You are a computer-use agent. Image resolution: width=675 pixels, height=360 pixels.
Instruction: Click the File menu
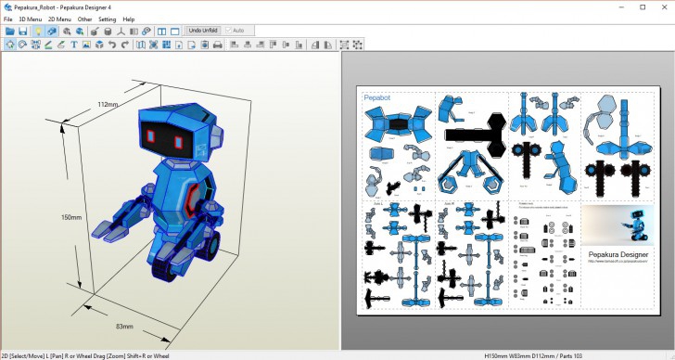click(x=7, y=19)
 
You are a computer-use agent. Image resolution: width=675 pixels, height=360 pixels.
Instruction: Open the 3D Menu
click(x=30, y=19)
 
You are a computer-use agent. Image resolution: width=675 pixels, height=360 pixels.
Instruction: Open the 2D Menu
click(x=59, y=19)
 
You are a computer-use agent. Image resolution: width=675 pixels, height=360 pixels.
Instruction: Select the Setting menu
click(x=108, y=19)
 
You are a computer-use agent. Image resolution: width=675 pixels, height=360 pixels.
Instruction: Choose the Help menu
click(x=129, y=19)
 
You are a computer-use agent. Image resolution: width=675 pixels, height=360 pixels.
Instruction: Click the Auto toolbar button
click(x=234, y=31)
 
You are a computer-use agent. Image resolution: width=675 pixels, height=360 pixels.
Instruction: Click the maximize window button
click(x=643, y=6)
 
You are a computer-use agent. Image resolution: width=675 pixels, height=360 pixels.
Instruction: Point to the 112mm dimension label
click(x=108, y=104)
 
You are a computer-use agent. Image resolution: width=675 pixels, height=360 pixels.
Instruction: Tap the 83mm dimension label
click(x=125, y=327)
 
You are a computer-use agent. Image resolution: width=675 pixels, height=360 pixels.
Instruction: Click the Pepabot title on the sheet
click(x=377, y=96)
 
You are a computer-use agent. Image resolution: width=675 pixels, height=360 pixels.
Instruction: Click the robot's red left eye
click(x=149, y=135)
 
